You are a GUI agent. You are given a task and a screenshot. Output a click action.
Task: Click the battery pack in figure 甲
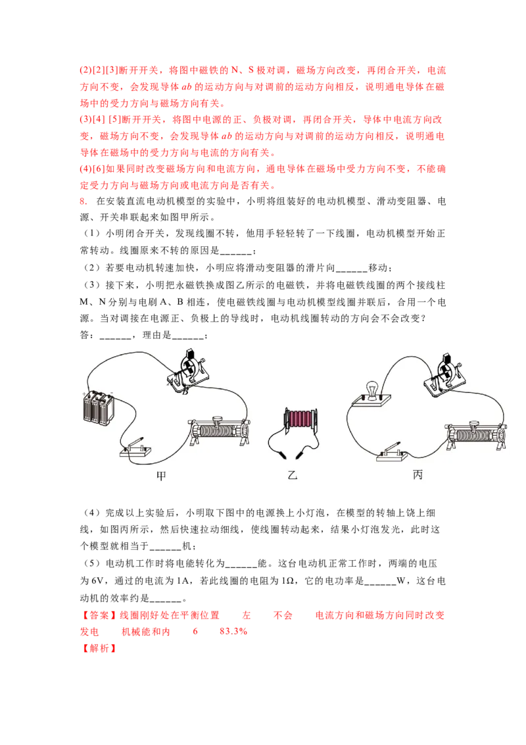click(99, 407)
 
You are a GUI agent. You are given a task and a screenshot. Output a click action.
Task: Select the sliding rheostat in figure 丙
click(475, 435)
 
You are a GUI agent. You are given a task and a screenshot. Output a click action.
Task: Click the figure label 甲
click(161, 475)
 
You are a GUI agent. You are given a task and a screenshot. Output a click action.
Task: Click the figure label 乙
click(293, 475)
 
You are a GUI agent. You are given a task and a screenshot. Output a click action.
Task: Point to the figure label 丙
click(418, 474)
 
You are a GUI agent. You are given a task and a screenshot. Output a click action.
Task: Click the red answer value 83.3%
click(233, 631)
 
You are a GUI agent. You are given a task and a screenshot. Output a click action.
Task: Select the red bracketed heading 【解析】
click(99, 648)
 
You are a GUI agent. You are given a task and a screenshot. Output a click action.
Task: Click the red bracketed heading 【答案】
click(99, 615)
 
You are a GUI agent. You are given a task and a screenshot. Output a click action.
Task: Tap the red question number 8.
click(84, 201)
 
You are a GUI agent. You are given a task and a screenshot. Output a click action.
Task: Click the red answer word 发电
click(89, 631)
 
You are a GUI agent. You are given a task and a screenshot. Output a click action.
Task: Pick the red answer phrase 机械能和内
click(146, 631)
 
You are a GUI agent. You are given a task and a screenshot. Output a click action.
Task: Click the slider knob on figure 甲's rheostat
click(218, 419)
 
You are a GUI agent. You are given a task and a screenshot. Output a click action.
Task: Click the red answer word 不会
click(283, 615)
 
